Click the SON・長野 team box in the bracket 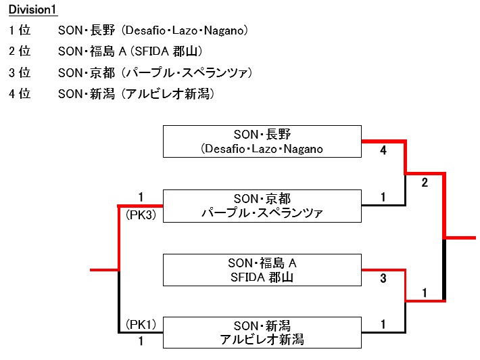pyautogui.click(x=262, y=141)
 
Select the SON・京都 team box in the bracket pyautogui.click(x=262, y=206)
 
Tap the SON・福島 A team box pyautogui.click(x=262, y=269)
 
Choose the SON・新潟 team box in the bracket pyautogui.click(x=262, y=332)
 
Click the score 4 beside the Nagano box pyautogui.click(x=383, y=152)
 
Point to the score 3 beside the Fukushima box pyautogui.click(x=383, y=278)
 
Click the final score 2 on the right pyautogui.click(x=425, y=183)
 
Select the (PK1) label pyautogui.click(x=141, y=324)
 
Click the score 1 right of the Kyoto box pyautogui.click(x=383, y=198)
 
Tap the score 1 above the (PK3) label pyautogui.click(x=141, y=197)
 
